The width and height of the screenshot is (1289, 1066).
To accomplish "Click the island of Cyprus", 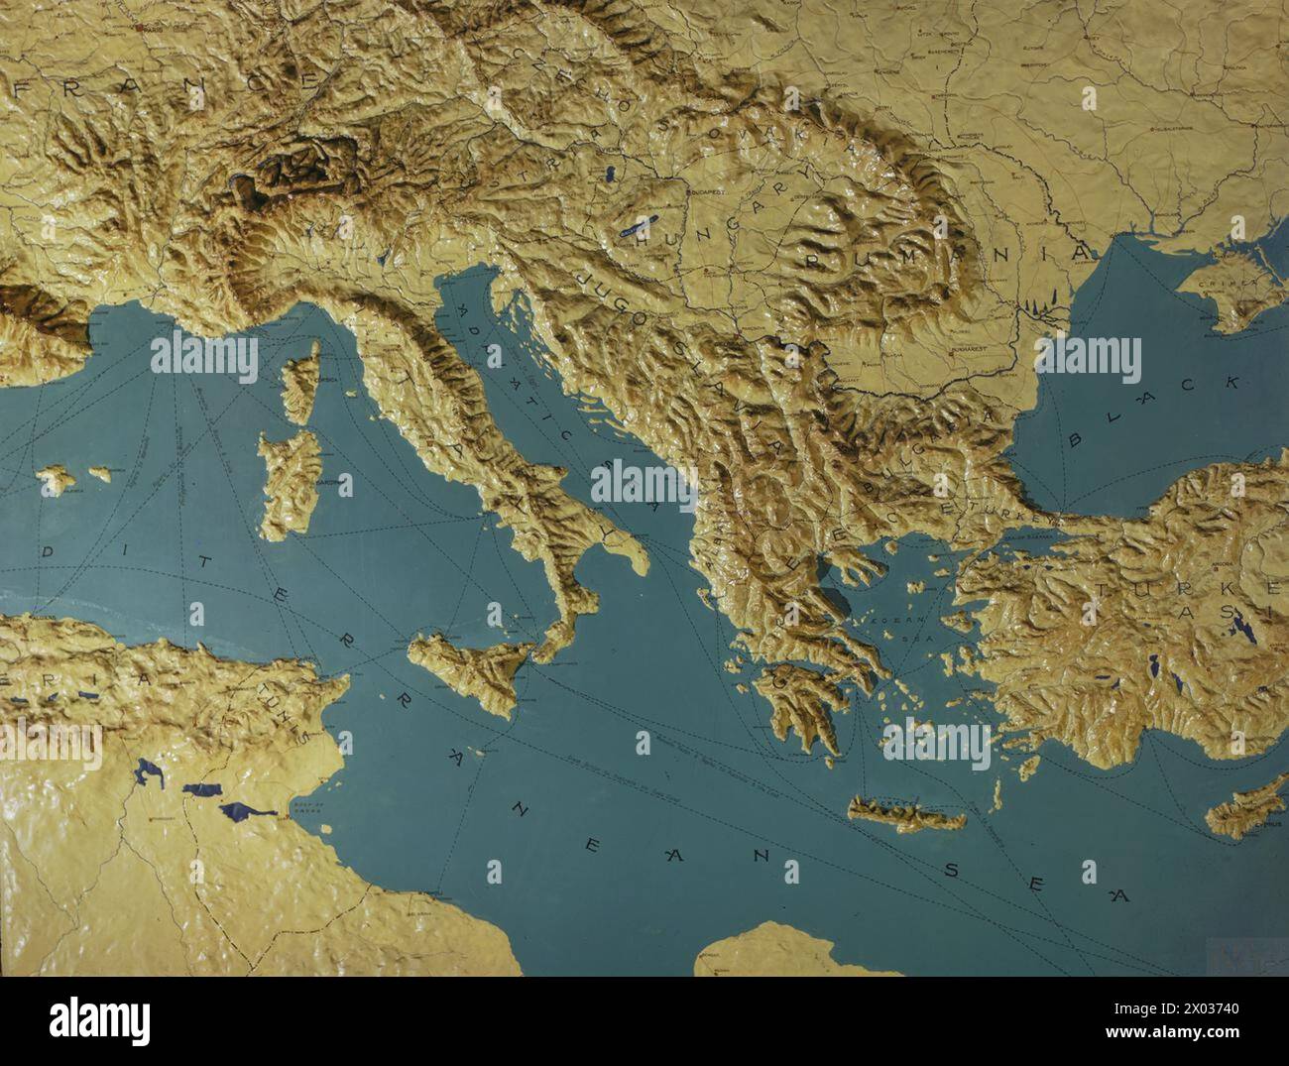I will [x=1244, y=808].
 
